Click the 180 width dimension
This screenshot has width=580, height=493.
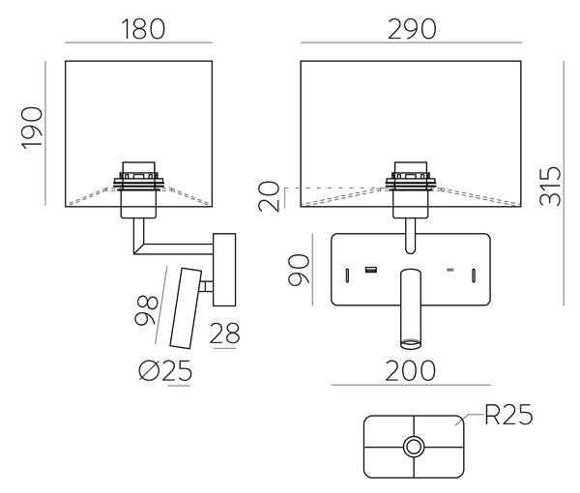point(143,29)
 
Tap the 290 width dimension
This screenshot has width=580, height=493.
point(412,29)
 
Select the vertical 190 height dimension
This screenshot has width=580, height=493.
point(32,128)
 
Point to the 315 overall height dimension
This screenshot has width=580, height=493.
point(550,186)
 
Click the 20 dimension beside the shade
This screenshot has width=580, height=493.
point(269,196)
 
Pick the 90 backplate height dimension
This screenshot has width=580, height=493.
point(299,270)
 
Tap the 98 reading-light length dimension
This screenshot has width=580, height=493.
point(147,310)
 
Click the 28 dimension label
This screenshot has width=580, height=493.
point(225,333)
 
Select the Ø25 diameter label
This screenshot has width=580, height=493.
point(165,370)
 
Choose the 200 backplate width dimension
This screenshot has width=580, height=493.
point(411,370)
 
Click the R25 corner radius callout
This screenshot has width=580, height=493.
point(509,415)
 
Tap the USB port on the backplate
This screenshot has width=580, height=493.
point(371,270)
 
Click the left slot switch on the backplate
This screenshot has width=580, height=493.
point(347,275)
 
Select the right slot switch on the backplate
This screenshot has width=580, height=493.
point(474,275)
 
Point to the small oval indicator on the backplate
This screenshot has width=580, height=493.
point(449,270)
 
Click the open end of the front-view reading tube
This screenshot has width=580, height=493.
point(411,344)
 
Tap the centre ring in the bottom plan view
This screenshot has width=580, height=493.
point(414,447)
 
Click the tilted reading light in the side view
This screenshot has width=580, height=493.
point(186,308)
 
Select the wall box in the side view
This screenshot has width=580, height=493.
point(224,270)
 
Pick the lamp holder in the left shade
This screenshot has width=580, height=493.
point(138,189)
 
